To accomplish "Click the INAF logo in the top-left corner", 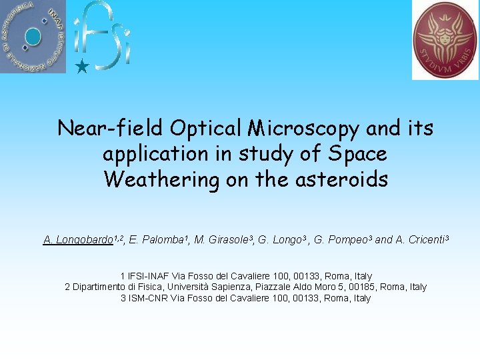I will tap(33, 36).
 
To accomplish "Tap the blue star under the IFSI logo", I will tap(81, 67).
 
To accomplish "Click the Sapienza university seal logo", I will tap(445, 39).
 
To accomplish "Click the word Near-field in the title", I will tap(110, 127).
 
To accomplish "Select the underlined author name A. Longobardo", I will tap(77, 240).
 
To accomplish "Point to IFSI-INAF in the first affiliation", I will tap(148, 276).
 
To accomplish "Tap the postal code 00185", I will tap(361, 287).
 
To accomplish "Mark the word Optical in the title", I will tap(205, 127).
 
